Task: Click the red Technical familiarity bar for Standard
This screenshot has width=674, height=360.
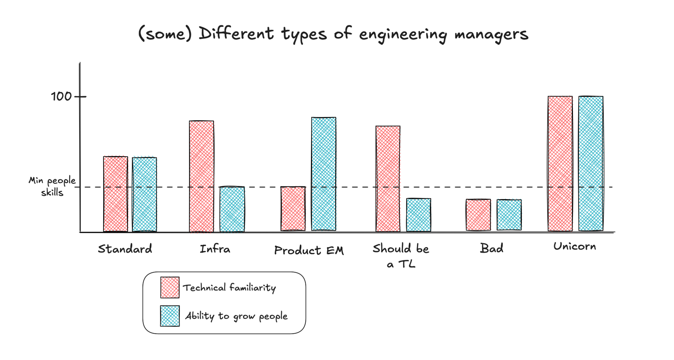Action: (116, 194)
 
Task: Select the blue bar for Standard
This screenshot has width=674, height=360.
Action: (144, 194)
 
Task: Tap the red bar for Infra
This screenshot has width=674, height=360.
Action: (202, 176)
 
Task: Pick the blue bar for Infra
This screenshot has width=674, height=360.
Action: (232, 209)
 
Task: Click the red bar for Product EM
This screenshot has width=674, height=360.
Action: (293, 209)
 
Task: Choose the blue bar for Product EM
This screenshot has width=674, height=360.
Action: (324, 174)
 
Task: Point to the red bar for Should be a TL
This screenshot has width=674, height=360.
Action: (388, 179)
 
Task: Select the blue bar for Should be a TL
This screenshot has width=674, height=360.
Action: (419, 215)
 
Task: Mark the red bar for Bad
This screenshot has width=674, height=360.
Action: (478, 215)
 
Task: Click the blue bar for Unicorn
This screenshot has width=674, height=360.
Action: (591, 163)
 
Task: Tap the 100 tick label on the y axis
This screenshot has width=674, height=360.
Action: (61, 97)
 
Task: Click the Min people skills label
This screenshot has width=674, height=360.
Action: (52, 186)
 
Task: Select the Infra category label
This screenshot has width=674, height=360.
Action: (215, 249)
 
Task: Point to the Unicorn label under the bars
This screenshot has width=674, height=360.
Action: (575, 247)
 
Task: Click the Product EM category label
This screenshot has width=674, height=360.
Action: (309, 251)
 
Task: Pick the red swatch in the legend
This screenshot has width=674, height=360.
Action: (170, 288)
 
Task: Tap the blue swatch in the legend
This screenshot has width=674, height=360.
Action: (170, 316)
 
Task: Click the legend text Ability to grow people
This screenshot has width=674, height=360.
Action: (236, 316)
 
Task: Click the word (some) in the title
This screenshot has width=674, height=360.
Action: (165, 34)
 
